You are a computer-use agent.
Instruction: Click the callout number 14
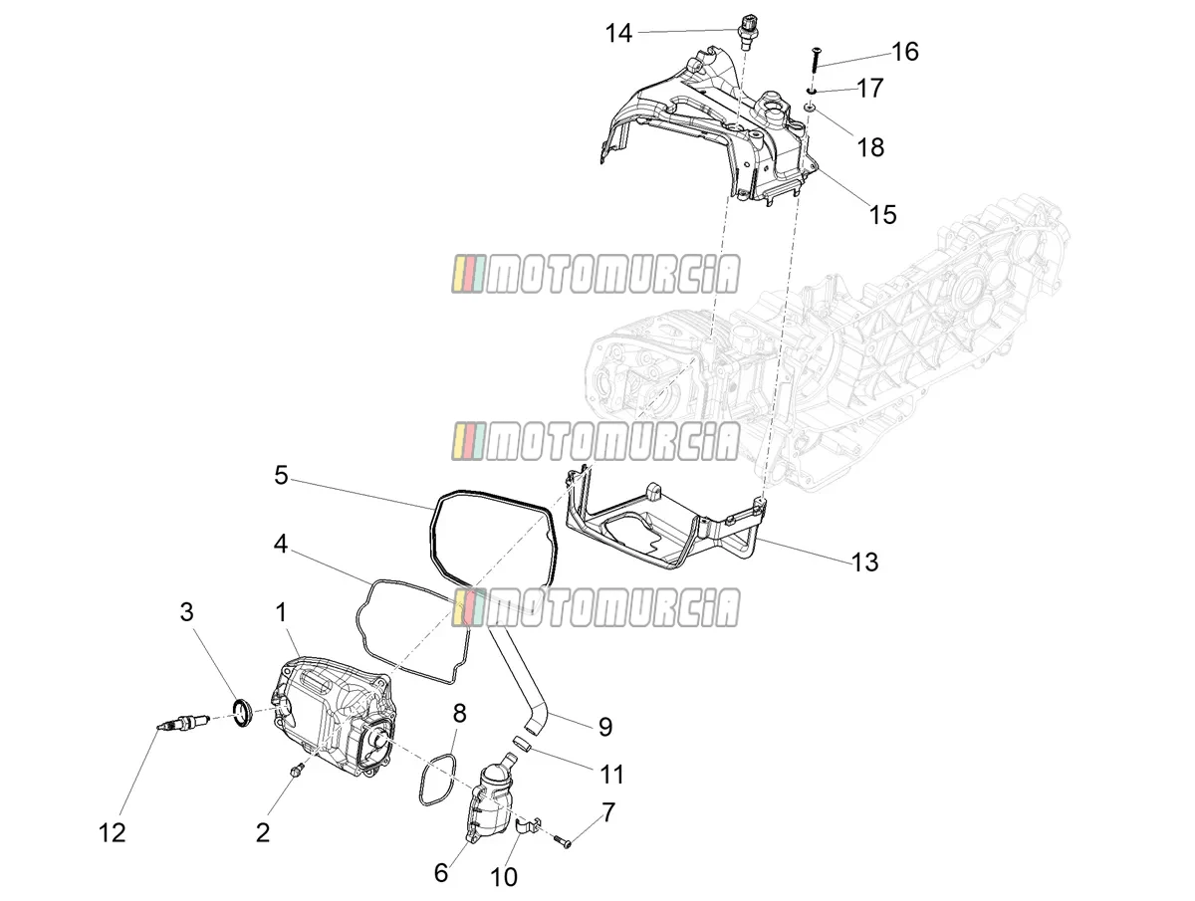(x=619, y=34)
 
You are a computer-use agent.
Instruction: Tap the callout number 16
(x=905, y=52)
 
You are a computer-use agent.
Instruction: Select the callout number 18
(x=870, y=147)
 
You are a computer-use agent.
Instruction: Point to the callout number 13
(x=865, y=563)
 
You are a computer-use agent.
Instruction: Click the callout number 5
(x=281, y=476)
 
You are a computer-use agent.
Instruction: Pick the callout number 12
(x=113, y=833)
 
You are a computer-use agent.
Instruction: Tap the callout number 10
(x=504, y=876)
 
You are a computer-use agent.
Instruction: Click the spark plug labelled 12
(x=183, y=722)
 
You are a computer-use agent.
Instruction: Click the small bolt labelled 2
(x=297, y=785)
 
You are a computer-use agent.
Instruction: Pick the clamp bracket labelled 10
(x=527, y=827)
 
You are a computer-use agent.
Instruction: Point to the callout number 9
(x=605, y=727)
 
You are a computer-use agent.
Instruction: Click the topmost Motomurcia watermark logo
(x=596, y=274)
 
